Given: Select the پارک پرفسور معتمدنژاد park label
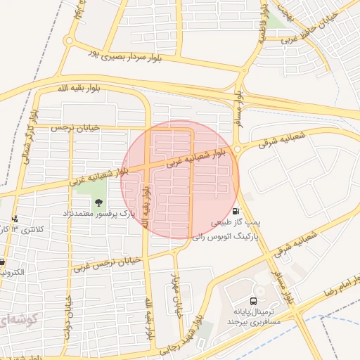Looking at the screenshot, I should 98,212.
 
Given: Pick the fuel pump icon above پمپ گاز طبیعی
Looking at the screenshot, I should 234,211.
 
